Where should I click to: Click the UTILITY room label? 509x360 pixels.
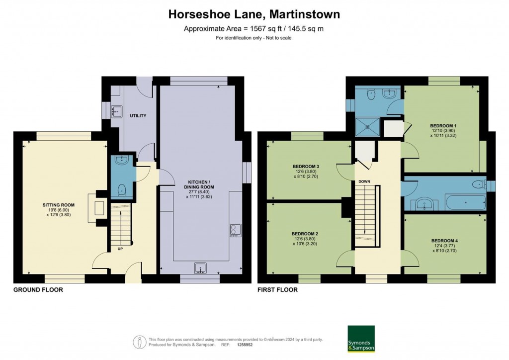138,115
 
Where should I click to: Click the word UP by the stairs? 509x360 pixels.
120,249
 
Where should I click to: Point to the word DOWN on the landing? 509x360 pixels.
364,181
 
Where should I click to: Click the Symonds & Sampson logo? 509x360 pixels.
361,339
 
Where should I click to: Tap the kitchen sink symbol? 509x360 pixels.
201,268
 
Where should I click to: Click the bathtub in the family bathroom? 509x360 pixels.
466,202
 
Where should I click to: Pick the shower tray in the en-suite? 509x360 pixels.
367,128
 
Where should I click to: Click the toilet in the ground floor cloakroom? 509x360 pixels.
122,189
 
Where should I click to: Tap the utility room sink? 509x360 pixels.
117,112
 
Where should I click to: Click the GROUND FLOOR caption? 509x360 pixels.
38,289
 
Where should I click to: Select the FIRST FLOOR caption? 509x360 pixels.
277,289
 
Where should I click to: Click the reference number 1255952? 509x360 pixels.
245,345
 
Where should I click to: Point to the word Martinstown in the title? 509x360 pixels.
305,14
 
